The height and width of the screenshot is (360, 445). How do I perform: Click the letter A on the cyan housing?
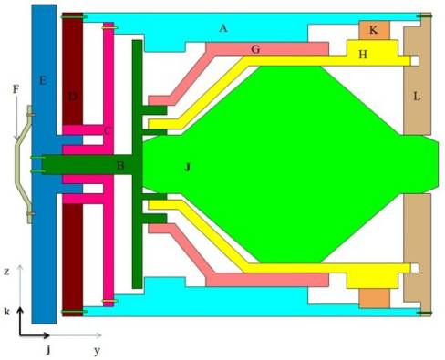tap(223, 28)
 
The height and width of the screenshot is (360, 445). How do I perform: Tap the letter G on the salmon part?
tap(255, 49)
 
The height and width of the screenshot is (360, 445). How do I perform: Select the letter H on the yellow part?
tap(363, 55)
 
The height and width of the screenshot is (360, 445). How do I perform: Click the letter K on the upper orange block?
tap(373, 30)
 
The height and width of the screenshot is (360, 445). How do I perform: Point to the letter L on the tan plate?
tap(417, 97)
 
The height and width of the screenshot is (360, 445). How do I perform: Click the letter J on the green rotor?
tap(188, 167)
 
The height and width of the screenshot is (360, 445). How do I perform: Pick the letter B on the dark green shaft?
tap(120, 166)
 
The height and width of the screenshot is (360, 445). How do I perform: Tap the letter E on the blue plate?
tap(43, 81)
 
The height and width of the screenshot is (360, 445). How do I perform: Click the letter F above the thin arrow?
tap(16, 89)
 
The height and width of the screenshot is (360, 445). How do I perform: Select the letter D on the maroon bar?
tap(73, 97)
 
